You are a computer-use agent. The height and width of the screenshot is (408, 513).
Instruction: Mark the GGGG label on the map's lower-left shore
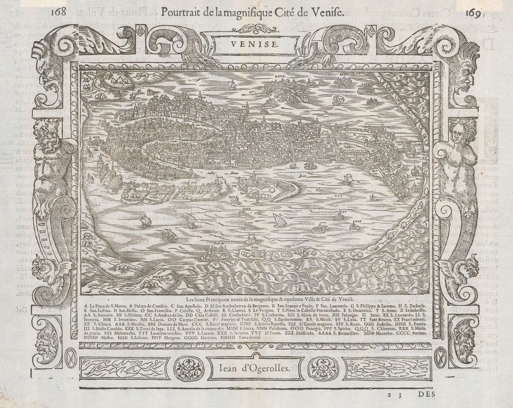point(113,284)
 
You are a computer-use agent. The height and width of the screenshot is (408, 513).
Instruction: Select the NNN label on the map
point(255,248)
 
